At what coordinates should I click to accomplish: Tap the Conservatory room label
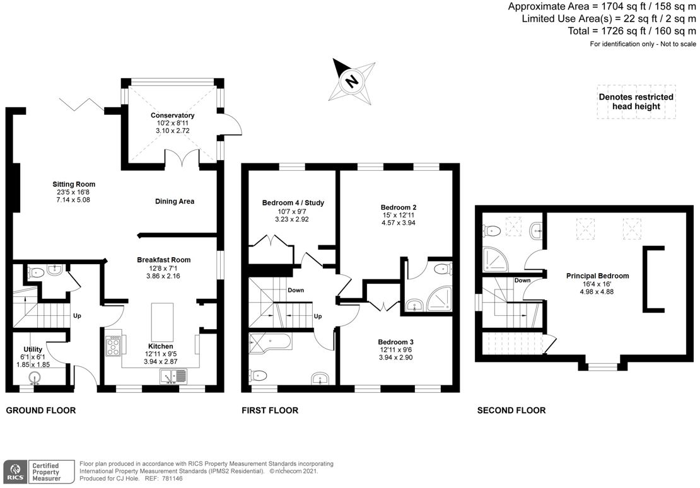[x=172, y=115]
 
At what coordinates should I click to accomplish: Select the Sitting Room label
[x=74, y=184]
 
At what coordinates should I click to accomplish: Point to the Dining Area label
[x=175, y=201]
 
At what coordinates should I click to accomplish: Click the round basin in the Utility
[x=36, y=377]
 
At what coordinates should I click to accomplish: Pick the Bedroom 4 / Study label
[x=293, y=203]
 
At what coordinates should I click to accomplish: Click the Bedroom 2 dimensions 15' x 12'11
[x=398, y=215]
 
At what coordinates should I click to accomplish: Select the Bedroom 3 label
[x=397, y=342]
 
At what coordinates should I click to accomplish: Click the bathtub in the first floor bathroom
[x=270, y=343]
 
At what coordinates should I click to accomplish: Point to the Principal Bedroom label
[x=598, y=276]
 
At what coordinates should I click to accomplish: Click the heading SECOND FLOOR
[x=511, y=410]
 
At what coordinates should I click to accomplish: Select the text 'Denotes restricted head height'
[x=636, y=102]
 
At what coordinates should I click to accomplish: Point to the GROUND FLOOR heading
[x=40, y=410]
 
